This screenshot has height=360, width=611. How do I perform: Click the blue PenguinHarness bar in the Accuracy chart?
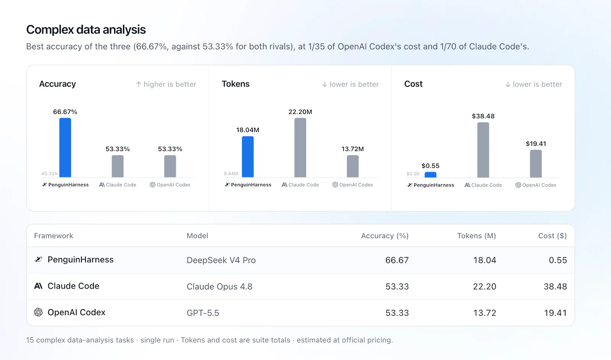tap(65, 148)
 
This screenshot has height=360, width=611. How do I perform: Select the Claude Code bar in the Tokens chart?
tap(300, 148)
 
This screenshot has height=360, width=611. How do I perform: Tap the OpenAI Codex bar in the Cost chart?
tap(536, 164)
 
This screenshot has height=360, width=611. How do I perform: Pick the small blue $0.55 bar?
tap(430, 175)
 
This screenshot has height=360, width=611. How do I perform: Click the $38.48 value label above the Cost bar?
tap(483, 116)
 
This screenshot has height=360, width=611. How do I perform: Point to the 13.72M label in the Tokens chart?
tap(353, 149)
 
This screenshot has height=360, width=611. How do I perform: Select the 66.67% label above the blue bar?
tap(65, 112)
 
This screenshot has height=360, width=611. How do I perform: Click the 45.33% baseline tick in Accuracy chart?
tap(50, 174)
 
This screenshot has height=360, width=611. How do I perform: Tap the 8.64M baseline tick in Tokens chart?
tap(231, 174)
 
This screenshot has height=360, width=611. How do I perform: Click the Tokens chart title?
tap(236, 84)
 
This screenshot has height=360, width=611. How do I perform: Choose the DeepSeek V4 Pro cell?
tap(221, 260)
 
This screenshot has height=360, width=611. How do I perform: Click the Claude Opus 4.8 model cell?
tap(220, 286)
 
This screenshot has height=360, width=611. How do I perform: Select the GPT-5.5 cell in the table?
tap(203, 313)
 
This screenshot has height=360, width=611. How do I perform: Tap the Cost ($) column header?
tap(552, 235)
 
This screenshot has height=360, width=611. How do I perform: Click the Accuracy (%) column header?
tap(385, 235)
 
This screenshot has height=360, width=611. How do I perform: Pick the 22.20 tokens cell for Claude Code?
tap(485, 286)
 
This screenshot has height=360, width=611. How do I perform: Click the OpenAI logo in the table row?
tap(39, 312)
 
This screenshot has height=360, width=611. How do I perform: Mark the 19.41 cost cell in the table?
tap(555, 313)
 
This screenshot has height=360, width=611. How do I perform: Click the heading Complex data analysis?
tap(86, 29)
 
